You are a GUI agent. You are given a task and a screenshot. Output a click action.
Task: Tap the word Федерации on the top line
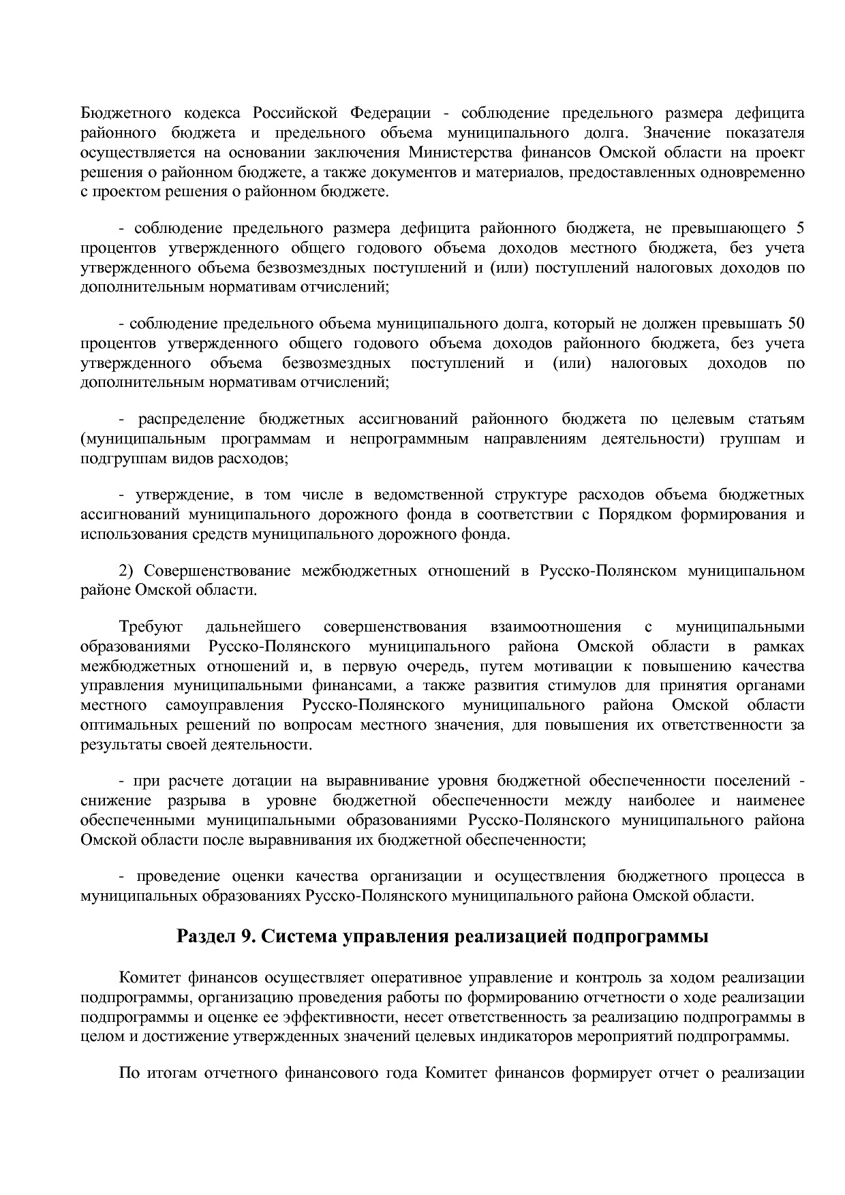pyautogui.click(x=391, y=112)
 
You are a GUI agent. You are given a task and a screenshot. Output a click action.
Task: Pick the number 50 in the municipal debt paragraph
pyautogui.click(x=795, y=323)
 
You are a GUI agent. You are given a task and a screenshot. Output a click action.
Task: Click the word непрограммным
pyautogui.click(x=410, y=439)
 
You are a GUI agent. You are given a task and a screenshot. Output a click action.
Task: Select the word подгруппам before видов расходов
pyautogui.click(x=114, y=459)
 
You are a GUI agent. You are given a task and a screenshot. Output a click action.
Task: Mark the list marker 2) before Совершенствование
pyautogui.click(x=128, y=570)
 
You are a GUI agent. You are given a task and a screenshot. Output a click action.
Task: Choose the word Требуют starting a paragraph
pyautogui.click(x=146, y=626)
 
